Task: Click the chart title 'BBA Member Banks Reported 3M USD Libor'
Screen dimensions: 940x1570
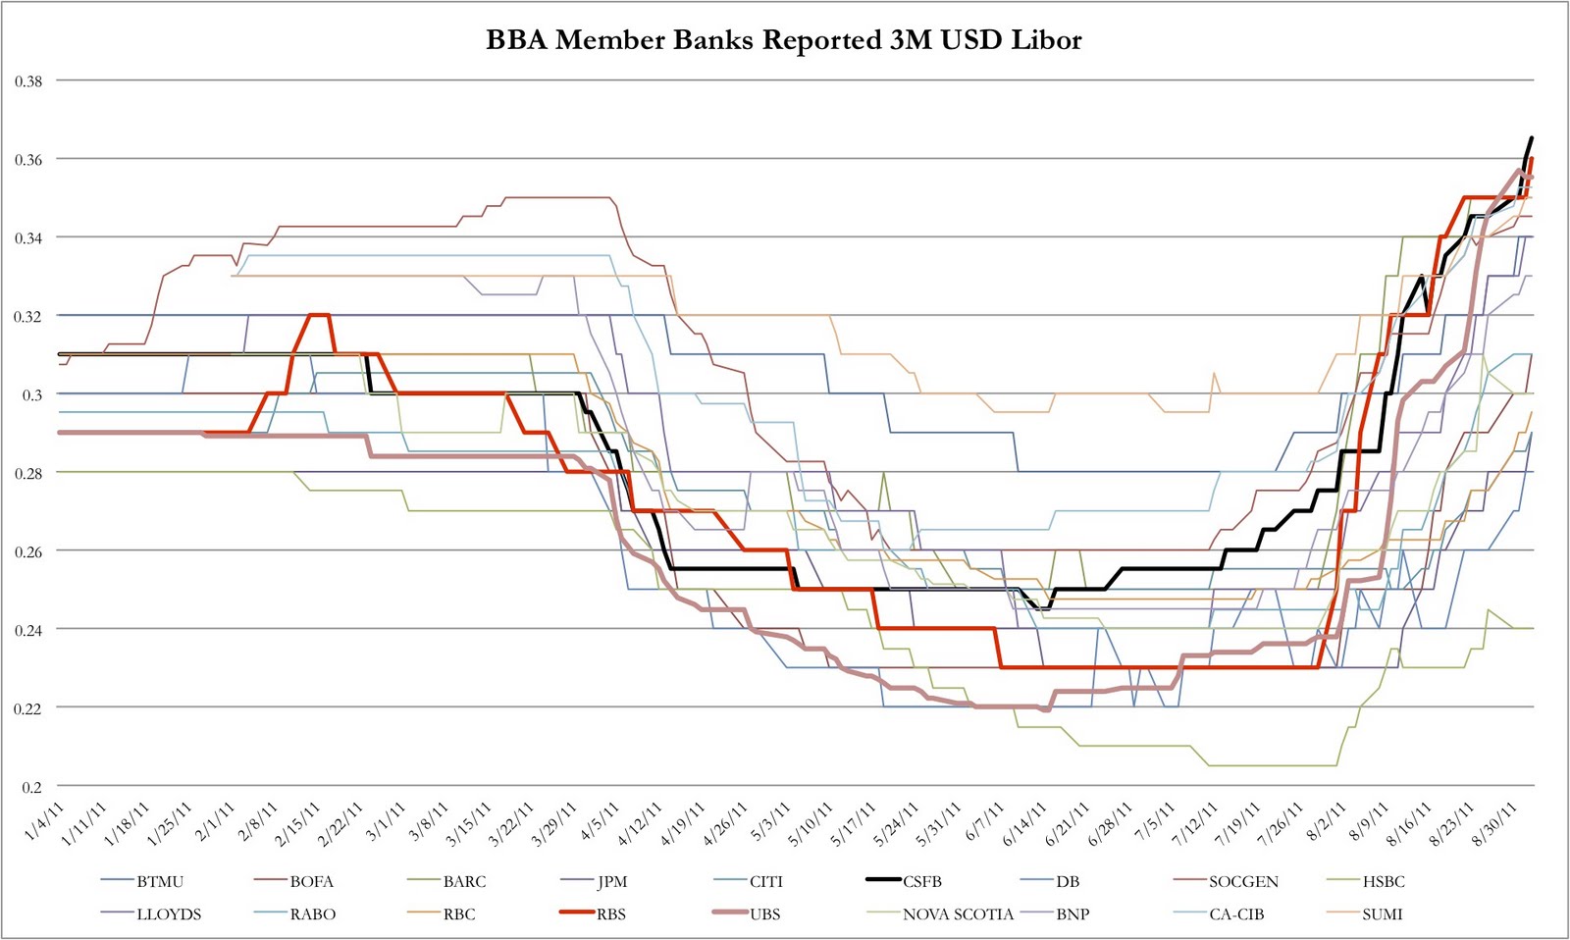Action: [784, 40]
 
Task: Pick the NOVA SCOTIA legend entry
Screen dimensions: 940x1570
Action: [958, 914]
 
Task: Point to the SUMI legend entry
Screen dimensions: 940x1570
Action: [1382, 914]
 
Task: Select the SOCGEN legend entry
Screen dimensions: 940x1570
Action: [1243, 881]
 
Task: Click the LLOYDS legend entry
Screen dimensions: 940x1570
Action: [168, 914]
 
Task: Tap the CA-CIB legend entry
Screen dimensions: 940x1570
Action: [1236, 914]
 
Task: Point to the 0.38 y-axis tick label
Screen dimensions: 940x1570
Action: [28, 80]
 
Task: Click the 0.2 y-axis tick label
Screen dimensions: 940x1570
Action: [32, 786]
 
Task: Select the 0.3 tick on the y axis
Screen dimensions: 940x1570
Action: [32, 394]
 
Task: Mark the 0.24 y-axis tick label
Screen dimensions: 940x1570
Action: [28, 629]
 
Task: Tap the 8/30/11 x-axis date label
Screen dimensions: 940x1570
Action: [1498, 822]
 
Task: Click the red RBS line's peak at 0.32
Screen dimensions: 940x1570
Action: [319, 315]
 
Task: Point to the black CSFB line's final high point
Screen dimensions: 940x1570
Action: [1532, 137]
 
